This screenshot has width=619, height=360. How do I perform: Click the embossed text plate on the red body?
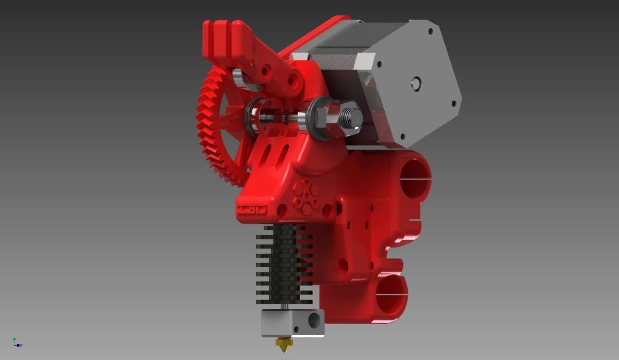point(251,210)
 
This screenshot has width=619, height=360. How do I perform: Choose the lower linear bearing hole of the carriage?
point(392,294)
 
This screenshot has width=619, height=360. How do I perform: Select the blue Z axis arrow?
point(19,345)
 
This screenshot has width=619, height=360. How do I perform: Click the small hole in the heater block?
point(298,329)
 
